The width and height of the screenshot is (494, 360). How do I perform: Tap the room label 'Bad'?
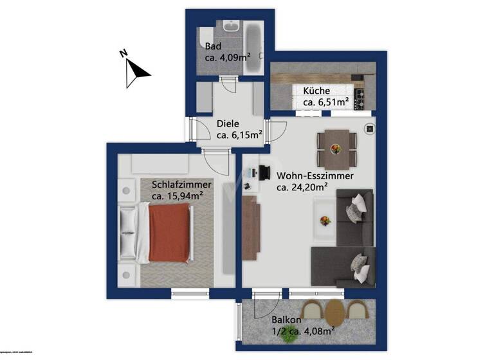tap(213, 46)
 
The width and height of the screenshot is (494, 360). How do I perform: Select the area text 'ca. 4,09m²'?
tap(227, 57)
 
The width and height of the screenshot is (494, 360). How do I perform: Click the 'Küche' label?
tap(316, 91)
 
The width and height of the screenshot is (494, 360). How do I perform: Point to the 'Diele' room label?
tap(228, 123)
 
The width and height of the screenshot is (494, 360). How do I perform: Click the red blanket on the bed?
tap(169, 233)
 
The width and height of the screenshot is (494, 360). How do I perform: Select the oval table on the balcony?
tap(334, 313)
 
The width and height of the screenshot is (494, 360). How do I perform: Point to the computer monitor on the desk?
tap(264, 172)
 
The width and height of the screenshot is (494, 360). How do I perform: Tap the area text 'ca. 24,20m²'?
tap(302, 188)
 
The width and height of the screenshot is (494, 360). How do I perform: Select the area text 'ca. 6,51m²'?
tap(325, 102)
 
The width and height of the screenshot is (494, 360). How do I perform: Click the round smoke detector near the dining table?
tap(370, 129)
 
